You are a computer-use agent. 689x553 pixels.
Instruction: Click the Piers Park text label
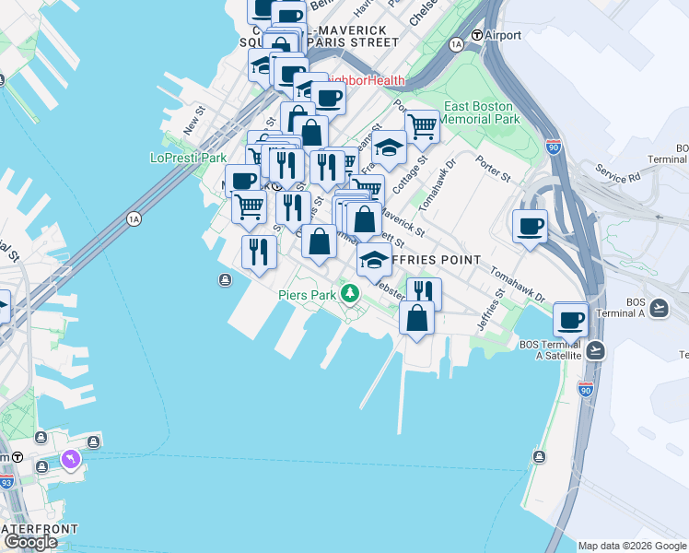pos(308,295)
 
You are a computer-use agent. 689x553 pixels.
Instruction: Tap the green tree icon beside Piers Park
pos(349,294)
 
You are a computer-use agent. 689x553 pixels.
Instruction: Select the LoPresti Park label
pos(188,158)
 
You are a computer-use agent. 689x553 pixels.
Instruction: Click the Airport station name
pos(502,36)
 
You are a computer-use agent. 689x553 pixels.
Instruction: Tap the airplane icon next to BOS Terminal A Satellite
pos(596,350)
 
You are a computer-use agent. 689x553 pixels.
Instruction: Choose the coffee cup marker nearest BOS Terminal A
pos(571,319)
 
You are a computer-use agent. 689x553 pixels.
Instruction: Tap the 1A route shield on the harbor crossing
pos(134,218)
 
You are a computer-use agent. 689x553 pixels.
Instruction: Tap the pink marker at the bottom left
pos(71,458)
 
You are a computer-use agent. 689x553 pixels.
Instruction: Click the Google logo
pos(30,542)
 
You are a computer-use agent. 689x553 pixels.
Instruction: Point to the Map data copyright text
pos(632,546)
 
